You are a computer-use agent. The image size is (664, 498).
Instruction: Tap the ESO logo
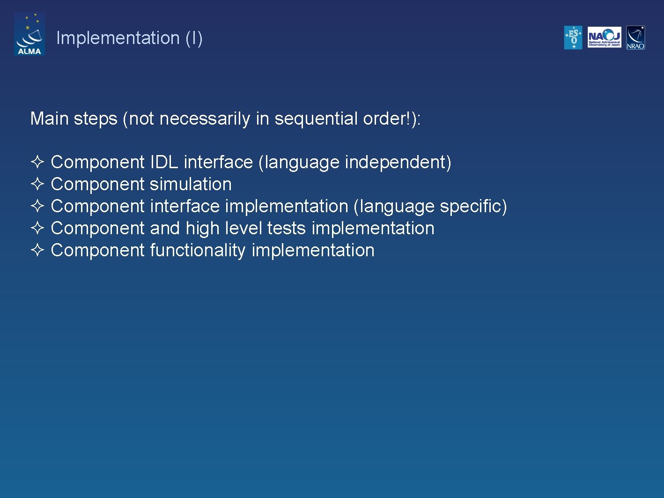[x=573, y=37]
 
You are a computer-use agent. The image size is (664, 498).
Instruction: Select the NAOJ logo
[x=604, y=37]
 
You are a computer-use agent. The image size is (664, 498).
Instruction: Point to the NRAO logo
[x=635, y=37]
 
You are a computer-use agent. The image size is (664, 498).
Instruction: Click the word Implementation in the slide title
[x=118, y=38]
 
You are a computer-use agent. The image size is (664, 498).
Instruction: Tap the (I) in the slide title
[x=194, y=38]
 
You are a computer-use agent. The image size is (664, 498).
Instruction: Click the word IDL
[x=164, y=162]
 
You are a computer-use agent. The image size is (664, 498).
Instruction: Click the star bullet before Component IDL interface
[x=37, y=162]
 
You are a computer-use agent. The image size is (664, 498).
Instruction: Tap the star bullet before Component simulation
[x=37, y=184]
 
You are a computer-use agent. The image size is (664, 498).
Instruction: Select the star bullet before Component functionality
[x=37, y=250]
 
